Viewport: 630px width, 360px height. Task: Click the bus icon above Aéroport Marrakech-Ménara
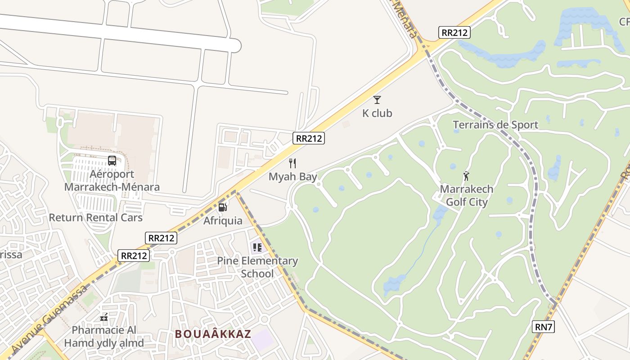(112, 161)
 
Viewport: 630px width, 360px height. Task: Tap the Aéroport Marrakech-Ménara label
(112, 180)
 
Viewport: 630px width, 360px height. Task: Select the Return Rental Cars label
(95, 217)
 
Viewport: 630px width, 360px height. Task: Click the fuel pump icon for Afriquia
(222, 207)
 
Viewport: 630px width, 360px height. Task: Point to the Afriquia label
(223, 220)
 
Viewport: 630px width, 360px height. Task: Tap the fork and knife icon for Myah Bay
(292, 163)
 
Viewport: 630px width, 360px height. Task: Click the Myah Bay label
(292, 176)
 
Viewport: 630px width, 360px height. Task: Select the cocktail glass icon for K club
(377, 100)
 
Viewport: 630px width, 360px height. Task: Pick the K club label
(377, 113)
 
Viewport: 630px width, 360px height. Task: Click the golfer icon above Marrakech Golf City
(466, 176)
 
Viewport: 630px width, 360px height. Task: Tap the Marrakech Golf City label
(467, 195)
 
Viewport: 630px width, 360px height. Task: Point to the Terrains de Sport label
(495, 125)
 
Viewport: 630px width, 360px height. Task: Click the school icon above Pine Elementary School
(257, 247)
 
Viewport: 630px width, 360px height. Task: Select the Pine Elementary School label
(257, 267)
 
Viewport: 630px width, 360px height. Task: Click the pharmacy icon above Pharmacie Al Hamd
(104, 318)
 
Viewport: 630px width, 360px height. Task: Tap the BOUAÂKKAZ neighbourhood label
(213, 334)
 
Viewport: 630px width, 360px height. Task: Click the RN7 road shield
(543, 327)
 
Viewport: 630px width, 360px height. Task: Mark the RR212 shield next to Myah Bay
(308, 138)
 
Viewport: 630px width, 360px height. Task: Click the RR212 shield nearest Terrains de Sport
(454, 32)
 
